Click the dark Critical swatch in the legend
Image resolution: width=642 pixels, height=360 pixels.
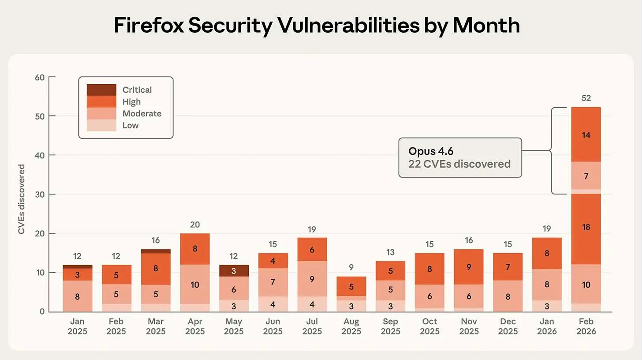tap(101, 90)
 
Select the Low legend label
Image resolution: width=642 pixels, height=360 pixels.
tap(131, 125)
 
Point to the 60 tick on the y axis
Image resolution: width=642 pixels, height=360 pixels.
tap(40, 77)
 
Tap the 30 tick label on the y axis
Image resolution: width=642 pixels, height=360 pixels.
tap(40, 194)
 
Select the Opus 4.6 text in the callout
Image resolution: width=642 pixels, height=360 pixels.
tap(431, 151)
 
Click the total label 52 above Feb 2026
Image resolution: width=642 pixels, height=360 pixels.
tap(586, 98)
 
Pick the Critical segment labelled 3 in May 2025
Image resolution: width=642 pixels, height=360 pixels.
tap(234, 270)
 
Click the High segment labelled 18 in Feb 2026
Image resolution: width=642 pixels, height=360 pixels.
tap(586, 227)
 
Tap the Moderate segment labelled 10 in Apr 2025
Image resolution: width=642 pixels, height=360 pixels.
tap(194, 285)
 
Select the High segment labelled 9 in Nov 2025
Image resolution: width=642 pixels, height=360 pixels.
tap(469, 266)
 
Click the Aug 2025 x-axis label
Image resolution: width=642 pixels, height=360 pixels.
tap(351, 326)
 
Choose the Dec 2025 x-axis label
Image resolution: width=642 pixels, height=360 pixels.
tap(508, 326)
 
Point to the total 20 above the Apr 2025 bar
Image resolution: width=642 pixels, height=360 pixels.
tap(194, 225)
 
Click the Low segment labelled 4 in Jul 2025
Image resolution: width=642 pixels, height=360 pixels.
tap(312, 304)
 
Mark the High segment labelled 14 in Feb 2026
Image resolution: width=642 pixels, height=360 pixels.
tap(586, 135)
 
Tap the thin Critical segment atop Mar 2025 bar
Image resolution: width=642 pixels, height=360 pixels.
tap(155, 251)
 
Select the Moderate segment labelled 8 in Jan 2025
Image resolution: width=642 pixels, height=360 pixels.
tap(77, 296)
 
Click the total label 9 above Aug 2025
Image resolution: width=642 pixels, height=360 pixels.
tap(351, 267)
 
